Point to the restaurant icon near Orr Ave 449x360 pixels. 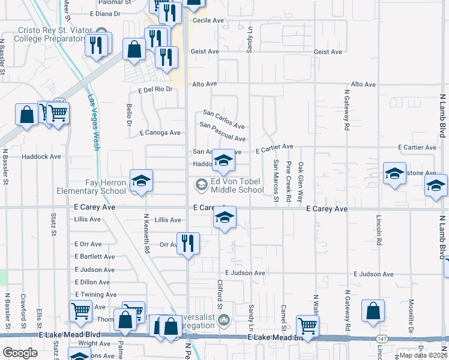pyautogui.click(x=188, y=243)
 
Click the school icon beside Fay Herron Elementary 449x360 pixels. pyautogui.click(x=141, y=181)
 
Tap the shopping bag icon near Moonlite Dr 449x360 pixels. pyautogui.click(x=373, y=311)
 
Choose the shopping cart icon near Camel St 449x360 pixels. pyautogui.click(x=307, y=327)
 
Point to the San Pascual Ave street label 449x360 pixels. pyautogui.click(x=222, y=133)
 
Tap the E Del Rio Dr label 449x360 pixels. pyautogui.click(x=155, y=89)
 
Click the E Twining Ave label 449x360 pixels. pyautogui.click(x=95, y=295)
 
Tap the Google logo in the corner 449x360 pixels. pyautogui.click(x=20, y=353)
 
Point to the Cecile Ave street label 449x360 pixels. pyautogui.click(x=208, y=20)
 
